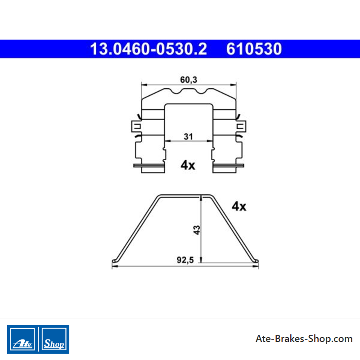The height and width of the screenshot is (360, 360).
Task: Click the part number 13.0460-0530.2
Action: click(x=148, y=49)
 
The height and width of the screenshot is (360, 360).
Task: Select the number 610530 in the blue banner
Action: click(x=254, y=49)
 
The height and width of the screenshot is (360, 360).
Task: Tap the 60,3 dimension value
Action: click(x=189, y=80)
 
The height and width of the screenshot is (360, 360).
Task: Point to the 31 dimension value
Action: click(x=188, y=136)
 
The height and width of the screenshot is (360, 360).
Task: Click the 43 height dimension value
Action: click(x=197, y=230)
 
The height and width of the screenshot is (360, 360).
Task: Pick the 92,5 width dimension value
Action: click(x=185, y=260)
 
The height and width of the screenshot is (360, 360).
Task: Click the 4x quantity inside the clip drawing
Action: click(x=188, y=165)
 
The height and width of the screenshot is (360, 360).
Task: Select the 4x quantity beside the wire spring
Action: click(x=239, y=206)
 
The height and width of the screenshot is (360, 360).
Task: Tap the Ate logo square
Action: click(x=22, y=339)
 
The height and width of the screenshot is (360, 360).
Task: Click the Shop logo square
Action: click(x=54, y=339)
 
